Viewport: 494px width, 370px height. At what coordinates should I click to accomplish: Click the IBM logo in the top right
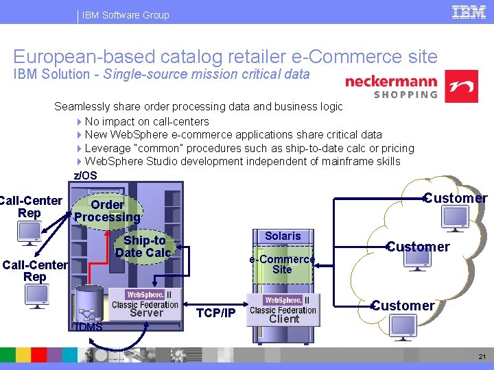coord(469,12)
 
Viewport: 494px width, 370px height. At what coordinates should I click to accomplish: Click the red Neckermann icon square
coord(461,86)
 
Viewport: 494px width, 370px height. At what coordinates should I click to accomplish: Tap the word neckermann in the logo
coord(391,81)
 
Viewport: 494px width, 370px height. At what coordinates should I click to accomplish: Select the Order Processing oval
coord(108,211)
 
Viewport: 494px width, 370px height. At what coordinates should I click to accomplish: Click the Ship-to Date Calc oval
coord(143,246)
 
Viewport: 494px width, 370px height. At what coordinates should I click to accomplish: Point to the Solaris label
coord(283,236)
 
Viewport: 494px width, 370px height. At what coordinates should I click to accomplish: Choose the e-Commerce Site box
coord(282,264)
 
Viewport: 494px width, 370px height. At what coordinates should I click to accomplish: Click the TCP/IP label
coord(215,313)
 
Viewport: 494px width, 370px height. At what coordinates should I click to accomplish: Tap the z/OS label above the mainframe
coord(85,175)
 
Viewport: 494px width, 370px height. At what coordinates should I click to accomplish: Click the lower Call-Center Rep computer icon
coord(36,295)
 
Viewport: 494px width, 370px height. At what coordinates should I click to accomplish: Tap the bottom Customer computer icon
coord(404,327)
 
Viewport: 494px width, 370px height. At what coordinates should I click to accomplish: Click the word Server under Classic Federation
coord(146,313)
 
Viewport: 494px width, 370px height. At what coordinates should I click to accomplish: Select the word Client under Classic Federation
coord(284,319)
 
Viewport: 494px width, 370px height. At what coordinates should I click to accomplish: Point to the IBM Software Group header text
coord(126,14)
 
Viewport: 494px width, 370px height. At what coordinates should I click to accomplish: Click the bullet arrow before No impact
coord(80,122)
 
